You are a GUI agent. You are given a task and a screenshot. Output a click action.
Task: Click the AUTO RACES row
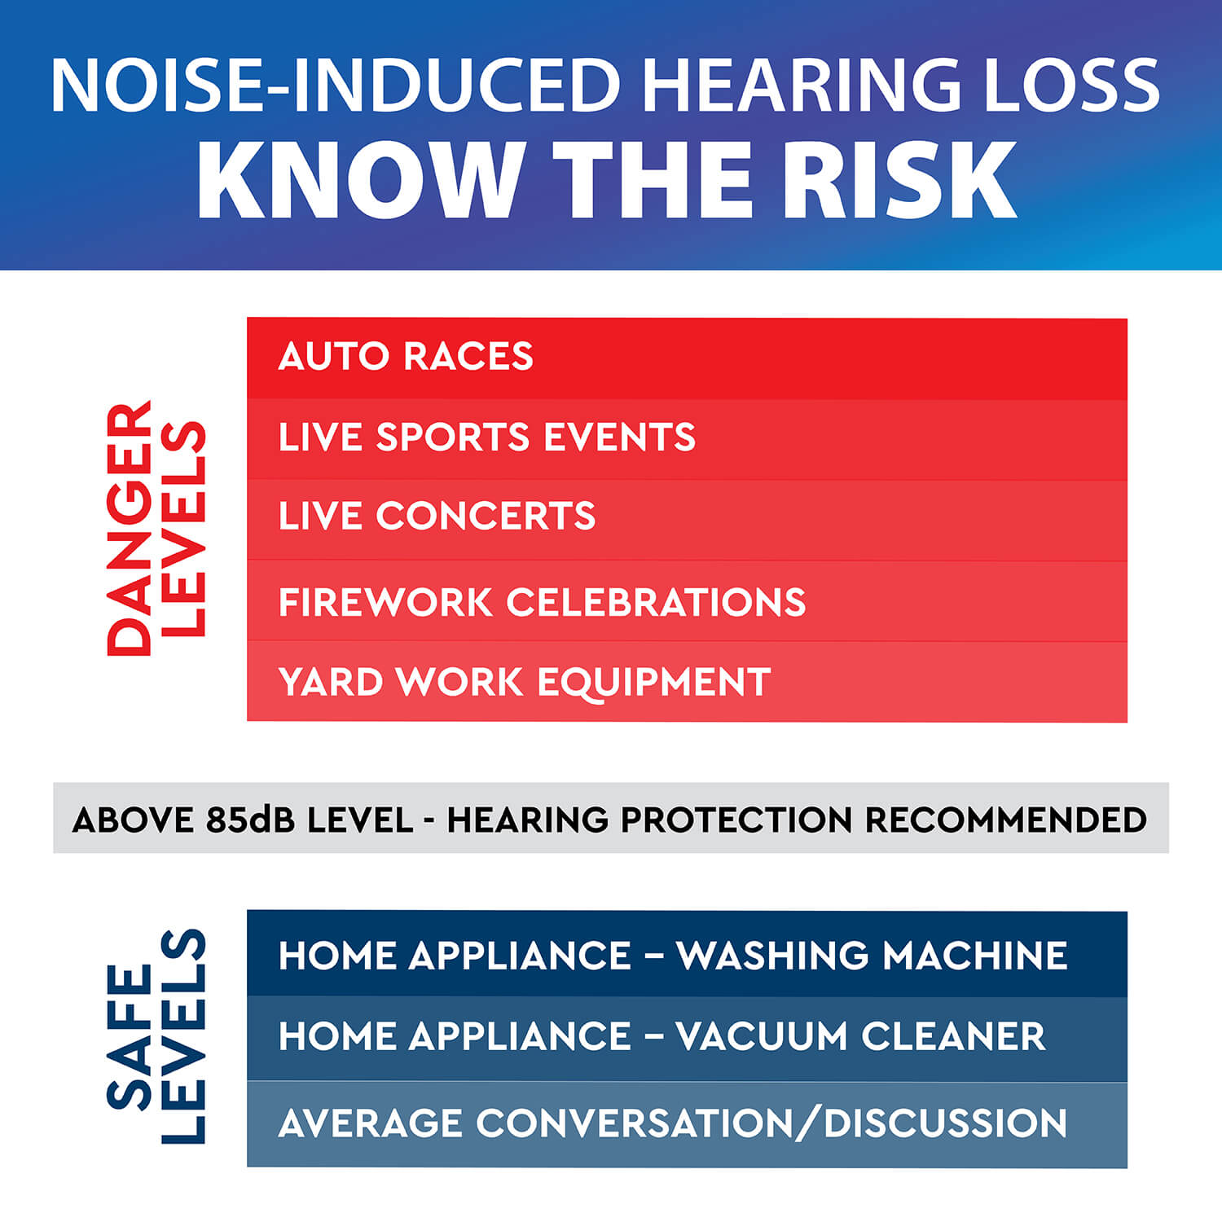[x=687, y=358]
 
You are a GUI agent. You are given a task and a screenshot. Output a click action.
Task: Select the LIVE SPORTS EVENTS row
[x=687, y=439]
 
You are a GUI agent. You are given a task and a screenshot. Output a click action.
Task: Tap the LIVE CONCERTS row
[x=687, y=520]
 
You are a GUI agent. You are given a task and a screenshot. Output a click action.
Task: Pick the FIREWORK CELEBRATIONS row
[x=687, y=600]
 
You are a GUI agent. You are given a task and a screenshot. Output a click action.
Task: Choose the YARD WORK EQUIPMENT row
[x=687, y=681]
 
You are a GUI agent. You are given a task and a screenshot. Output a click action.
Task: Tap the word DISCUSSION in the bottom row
[x=945, y=1123]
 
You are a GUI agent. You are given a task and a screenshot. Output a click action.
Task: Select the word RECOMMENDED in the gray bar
[x=1005, y=820]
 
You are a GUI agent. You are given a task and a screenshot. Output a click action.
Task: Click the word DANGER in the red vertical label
[x=130, y=528]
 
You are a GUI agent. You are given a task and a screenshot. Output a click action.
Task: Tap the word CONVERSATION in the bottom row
[x=635, y=1123]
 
